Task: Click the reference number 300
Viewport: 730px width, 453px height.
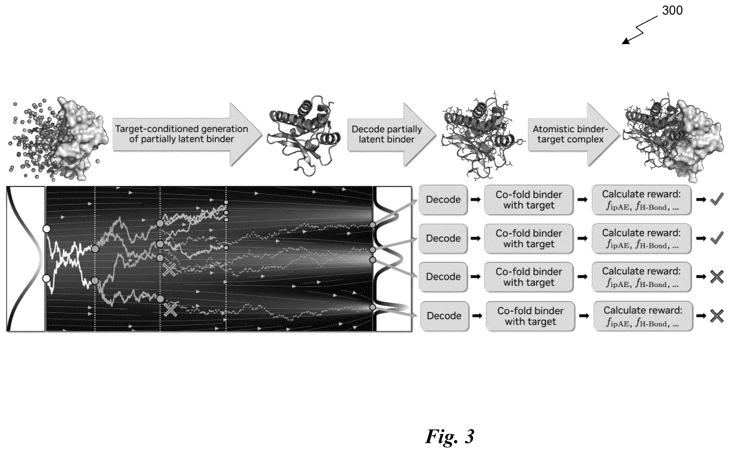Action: tap(672, 10)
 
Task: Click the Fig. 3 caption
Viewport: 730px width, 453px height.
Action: tap(450, 436)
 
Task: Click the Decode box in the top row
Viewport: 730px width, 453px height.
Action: tap(443, 200)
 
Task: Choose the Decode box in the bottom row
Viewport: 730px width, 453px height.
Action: tap(444, 316)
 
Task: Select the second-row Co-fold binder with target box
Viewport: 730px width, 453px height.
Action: tap(529, 239)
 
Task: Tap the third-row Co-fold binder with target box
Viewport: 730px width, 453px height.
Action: tap(529, 277)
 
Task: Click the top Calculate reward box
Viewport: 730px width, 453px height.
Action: tap(642, 200)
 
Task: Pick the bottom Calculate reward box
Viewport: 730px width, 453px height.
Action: tap(643, 316)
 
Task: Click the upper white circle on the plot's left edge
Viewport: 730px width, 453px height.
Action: tap(47, 229)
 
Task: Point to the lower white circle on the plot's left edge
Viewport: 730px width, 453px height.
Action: tap(47, 279)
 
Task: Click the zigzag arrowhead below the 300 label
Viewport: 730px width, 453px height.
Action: tap(626, 41)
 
